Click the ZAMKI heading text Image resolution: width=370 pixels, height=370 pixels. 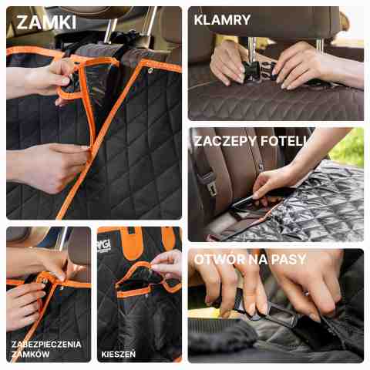point(46,22)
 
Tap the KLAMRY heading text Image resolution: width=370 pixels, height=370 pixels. point(222,20)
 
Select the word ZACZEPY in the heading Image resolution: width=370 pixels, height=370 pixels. point(225,141)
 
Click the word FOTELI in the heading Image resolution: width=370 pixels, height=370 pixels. point(283,141)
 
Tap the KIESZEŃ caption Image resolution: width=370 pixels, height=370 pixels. point(119,355)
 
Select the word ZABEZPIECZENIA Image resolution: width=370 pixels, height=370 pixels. point(46,345)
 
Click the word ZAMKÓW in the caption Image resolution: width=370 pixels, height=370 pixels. point(31,354)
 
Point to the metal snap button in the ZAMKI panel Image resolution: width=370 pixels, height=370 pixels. point(150,69)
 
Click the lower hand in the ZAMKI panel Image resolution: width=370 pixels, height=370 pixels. point(49,167)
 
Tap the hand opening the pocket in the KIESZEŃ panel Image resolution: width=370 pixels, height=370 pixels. point(166,264)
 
